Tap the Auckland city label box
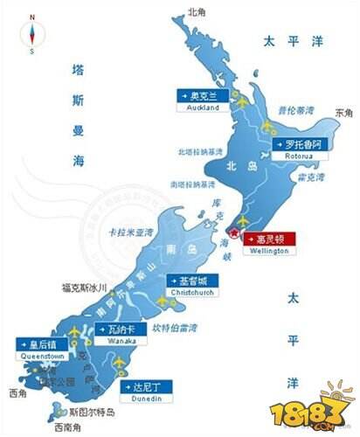pyautogui.click(x=203, y=101)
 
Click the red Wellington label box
pyautogui.click(x=270, y=242)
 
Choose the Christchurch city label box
pyautogui.click(x=190, y=286)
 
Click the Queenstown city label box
pyautogui.click(x=40, y=349)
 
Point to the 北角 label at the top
pyautogui.click(x=194, y=13)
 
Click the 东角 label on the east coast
pyautogui.click(x=343, y=113)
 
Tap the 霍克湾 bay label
pyautogui.click(x=312, y=177)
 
